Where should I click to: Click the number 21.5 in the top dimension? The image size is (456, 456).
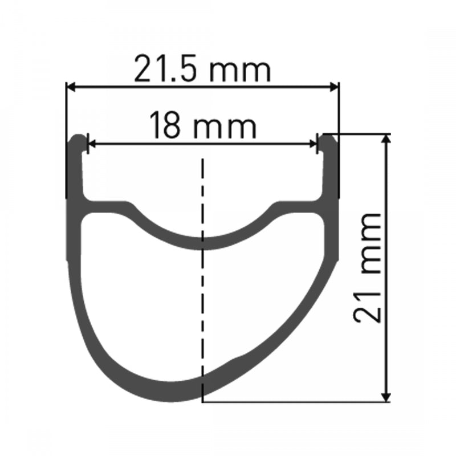click(166, 70)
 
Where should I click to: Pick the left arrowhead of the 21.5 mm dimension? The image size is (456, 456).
click(71, 87)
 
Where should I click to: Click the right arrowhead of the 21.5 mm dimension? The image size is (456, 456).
click(335, 87)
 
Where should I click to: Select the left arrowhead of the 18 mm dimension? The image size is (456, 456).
click(90, 144)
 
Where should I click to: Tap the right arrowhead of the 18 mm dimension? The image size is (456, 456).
click(313, 144)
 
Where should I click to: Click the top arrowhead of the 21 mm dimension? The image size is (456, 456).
click(387, 139)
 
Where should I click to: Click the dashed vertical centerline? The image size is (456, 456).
click(202, 285)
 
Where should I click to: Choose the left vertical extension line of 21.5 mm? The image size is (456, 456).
click(67, 142)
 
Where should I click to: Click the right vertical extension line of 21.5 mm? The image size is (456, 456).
click(339, 142)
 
